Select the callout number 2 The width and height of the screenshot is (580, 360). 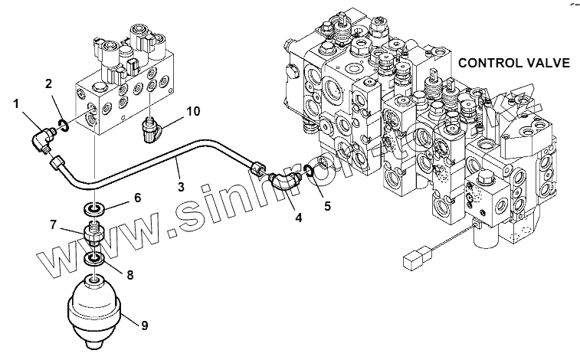pyautogui.click(x=48, y=82)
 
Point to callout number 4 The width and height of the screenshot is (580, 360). pyautogui.click(x=299, y=218)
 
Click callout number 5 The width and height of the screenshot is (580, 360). pyautogui.click(x=329, y=205)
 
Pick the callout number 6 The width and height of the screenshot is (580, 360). pyautogui.click(x=138, y=197)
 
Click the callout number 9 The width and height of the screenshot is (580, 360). pyautogui.click(x=144, y=325)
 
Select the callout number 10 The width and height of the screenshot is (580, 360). pyautogui.click(x=193, y=111)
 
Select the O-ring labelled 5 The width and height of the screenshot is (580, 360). pyautogui.click(x=308, y=169)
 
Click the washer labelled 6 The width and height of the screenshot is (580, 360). pyautogui.click(x=93, y=208)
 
